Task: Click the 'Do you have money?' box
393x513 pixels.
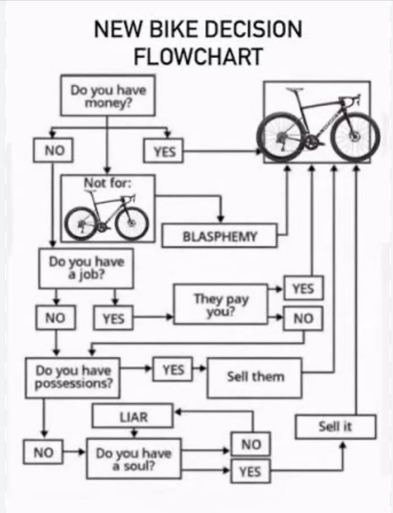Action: pyautogui.click(x=108, y=95)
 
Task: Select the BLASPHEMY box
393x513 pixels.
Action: pyautogui.click(x=220, y=236)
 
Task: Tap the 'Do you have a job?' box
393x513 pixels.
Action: pyautogui.click(x=86, y=268)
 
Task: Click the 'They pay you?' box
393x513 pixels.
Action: pyautogui.click(x=221, y=304)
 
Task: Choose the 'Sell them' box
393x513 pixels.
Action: pyautogui.click(x=255, y=377)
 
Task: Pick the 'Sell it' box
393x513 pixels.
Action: pyautogui.click(x=335, y=427)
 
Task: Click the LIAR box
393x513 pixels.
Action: pyautogui.click(x=133, y=416)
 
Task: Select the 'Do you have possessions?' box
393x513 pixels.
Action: pyautogui.click(x=73, y=377)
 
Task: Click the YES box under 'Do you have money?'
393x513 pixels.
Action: pyautogui.click(x=164, y=151)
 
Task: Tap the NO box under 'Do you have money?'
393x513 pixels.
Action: pyautogui.click(x=54, y=150)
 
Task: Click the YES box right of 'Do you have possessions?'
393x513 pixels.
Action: pyautogui.click(x=173, y=369)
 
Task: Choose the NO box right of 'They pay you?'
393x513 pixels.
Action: pyautogui.click(x=303, y=318)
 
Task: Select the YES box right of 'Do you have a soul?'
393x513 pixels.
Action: pyautogui.click(x=250, y=471)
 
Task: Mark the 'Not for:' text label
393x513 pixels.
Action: pyautogui.click(x=107, y=183)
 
